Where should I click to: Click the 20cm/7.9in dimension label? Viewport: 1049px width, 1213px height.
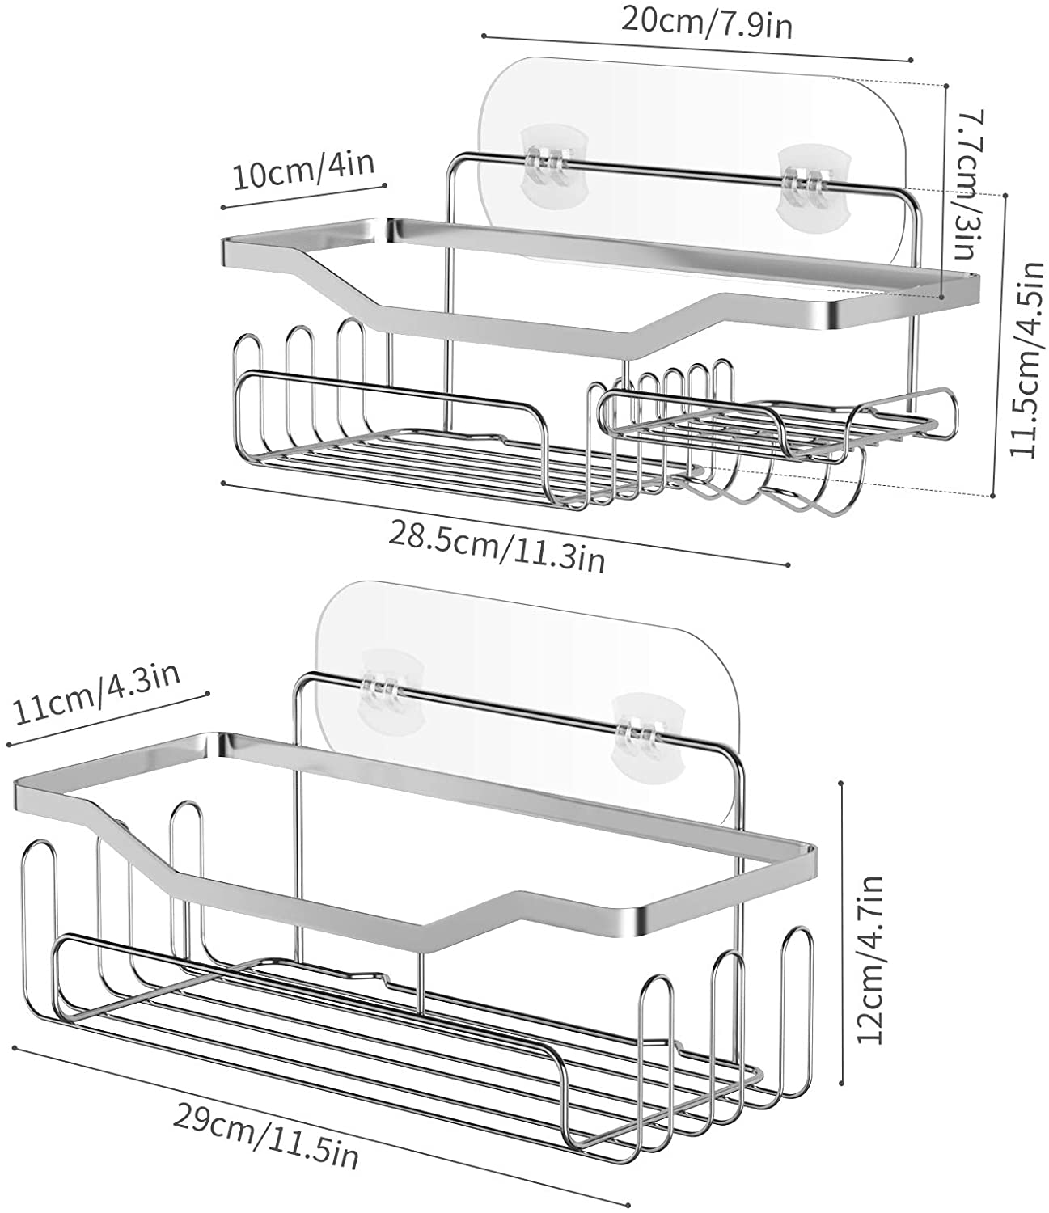[706, 21]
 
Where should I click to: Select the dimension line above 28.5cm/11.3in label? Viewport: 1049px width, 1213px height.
[503, 524]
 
